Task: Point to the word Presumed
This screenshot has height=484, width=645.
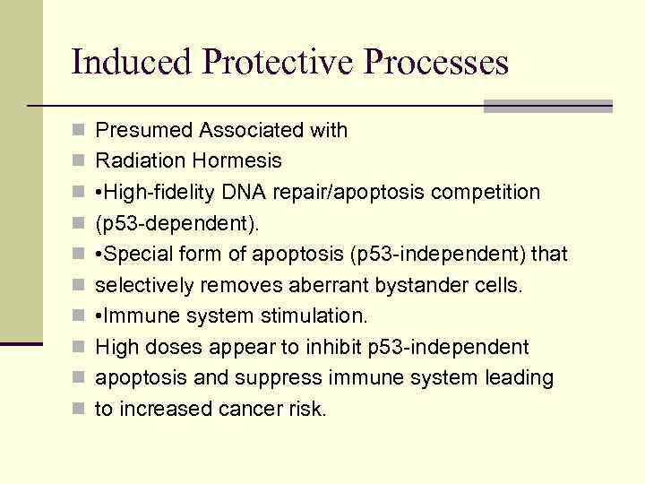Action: click(144, 131)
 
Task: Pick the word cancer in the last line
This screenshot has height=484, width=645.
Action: click(253, 410)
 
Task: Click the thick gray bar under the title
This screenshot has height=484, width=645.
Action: click(547, 106)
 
